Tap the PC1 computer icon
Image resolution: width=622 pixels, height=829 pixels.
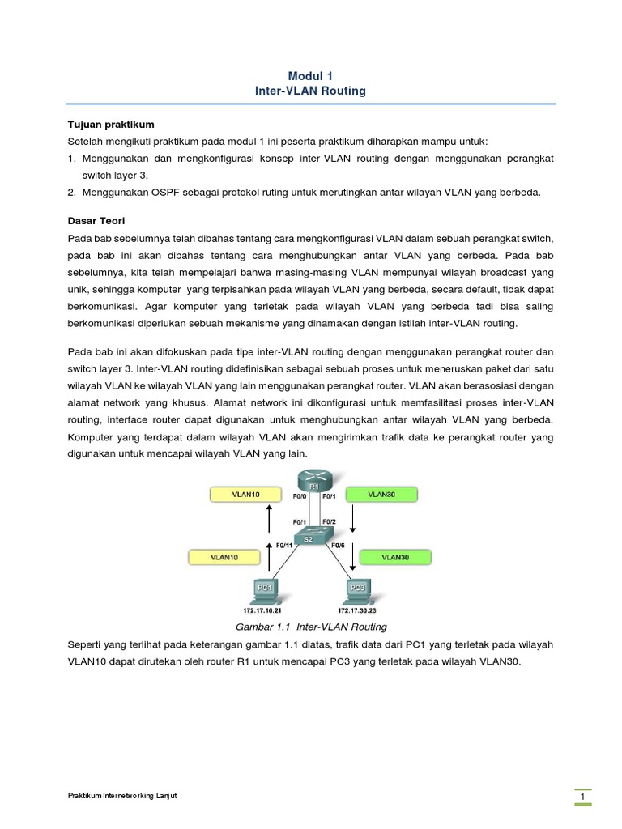(x=266, y=589)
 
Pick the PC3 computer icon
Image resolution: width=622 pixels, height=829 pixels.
(x=357, y=589)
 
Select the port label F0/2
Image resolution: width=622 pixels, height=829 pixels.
(x=329, y=521)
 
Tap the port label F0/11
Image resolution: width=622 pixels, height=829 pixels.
(x=284, y=546)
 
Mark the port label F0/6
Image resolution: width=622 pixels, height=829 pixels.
(x=339, y=546)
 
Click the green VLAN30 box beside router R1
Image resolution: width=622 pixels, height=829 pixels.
(x=382, y=493)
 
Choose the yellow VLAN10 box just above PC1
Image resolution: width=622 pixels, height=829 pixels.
(x=225, y=557)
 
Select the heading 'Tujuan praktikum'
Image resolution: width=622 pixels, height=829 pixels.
(x=110, y=125)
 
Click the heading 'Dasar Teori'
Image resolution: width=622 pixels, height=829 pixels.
(x=96, y=221)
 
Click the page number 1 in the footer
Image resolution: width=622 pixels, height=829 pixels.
(x=582, y=798)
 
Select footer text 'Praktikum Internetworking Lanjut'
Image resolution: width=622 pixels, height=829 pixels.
(x=121, y=796)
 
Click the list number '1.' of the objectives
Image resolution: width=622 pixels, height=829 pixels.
(x=71, y=158)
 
